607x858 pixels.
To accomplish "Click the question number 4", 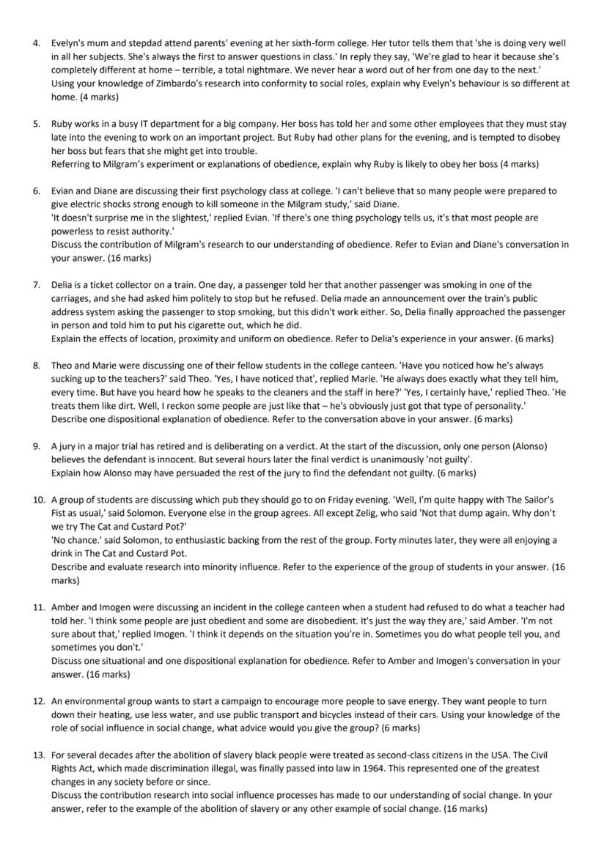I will (x=37, y=43).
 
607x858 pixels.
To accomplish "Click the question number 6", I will (x=37, y=191).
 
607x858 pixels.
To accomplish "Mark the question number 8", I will (x=37, y=365).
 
